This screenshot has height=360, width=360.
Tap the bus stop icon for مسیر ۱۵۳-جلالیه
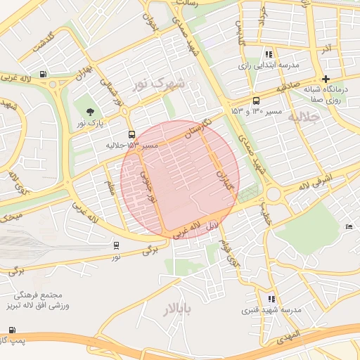pyautogui.click(x=131, y=134)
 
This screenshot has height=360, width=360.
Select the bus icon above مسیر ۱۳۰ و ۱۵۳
pyautogui.click(x=256, y=101)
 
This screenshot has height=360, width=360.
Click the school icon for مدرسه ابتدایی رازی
pyautogui.click(x=268, y=54)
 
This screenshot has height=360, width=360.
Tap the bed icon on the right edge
pyautogui.click(x=349, y=226)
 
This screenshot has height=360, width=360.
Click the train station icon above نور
pyautogui.click(x=115, y=245)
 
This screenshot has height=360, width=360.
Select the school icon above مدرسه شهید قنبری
pyautogui.click(x=271, y=299)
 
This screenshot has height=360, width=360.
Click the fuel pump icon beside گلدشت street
pyautogui.click(x=44, y=74)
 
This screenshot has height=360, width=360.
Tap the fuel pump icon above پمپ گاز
pyautogui.click(x=12, y=330)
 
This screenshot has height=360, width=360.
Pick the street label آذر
pyautogui.click(x=325, y=49)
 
